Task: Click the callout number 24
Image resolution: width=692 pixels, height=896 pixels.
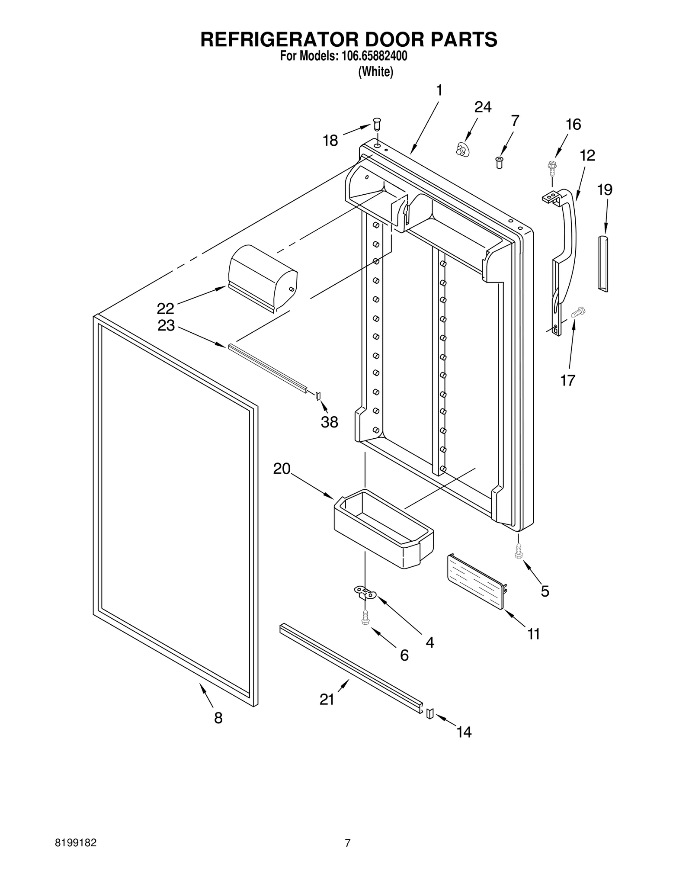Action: (x=483, y=107)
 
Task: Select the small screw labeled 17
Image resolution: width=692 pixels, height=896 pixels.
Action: (x=577, y=312)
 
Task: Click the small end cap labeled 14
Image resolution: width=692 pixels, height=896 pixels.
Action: (x=430, y=713)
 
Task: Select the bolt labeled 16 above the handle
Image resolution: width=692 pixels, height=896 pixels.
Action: (x=551, y=167)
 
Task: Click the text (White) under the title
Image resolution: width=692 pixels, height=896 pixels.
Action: (x=375, y=72)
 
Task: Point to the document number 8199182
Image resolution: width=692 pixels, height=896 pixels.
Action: (x=76, y=843)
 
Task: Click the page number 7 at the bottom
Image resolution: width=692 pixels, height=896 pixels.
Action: (x=347, y=843)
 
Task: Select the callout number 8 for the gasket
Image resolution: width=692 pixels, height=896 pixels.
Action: (x=218, y=718)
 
